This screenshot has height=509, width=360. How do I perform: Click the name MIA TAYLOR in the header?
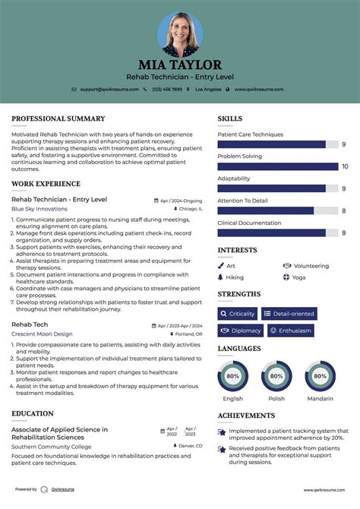click(180, 65)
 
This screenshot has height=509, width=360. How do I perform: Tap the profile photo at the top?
click(180, 33)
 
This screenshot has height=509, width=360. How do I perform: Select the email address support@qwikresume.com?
click(109, 89)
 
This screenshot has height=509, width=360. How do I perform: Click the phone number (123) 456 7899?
click(166, 89)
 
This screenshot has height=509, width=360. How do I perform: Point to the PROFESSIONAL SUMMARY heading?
click(58, 119)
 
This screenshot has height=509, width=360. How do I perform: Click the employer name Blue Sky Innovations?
click(39, 209)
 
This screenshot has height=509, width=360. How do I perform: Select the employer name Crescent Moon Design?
click(42, 334)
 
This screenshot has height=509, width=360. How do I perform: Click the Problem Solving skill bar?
click(277, 166)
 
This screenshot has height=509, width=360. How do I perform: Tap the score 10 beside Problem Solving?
click(345, 166)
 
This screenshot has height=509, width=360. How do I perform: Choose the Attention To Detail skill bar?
click(266, 210)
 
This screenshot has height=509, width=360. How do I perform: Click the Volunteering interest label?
click(311, 266)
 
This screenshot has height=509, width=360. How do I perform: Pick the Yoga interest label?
click(299, 277)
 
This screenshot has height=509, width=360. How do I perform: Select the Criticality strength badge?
click(237, 313)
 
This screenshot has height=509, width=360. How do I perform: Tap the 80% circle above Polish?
click(276, 376)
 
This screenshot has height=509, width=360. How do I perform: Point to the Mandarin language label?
click(321, 398)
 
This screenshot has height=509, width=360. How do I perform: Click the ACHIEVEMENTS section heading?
click(246, 416)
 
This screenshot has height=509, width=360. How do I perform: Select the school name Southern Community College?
click(52, 446)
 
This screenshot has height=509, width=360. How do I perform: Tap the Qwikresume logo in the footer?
click(45, 490)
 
